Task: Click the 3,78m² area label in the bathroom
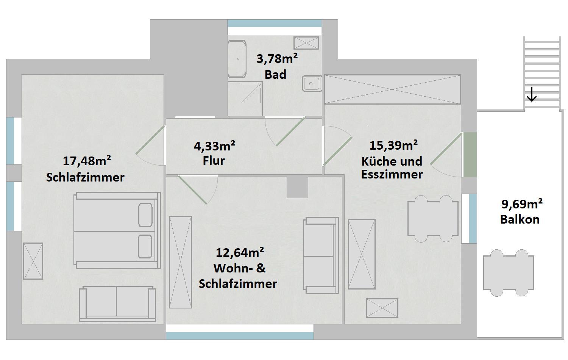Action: tap(277, 59)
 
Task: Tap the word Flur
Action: tap(214, 161)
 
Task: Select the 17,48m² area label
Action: tap(87, 161)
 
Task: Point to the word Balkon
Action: tap(520, 219)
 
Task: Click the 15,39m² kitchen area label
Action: tap(393, 146)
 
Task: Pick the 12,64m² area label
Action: tap(240, 252)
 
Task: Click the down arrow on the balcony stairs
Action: tap(532, 94)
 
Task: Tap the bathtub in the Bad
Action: tap(237, 59)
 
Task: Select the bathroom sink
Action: tap(312, 83)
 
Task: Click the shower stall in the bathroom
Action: tap(245, 99)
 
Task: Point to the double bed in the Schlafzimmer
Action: tap(117, 230)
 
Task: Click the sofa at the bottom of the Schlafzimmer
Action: tap(117, 304)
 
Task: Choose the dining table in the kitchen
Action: tap(433, 219)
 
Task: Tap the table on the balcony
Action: tap(509, 273)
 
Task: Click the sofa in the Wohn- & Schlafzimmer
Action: tap(321, 255)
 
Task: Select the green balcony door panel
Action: tap(470, 155)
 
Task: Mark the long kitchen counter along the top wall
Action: tap(393, 89)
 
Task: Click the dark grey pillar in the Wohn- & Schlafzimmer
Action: tap(297, 187)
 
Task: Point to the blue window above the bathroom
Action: tap(275, 23)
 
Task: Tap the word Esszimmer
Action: tap(392, 175)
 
